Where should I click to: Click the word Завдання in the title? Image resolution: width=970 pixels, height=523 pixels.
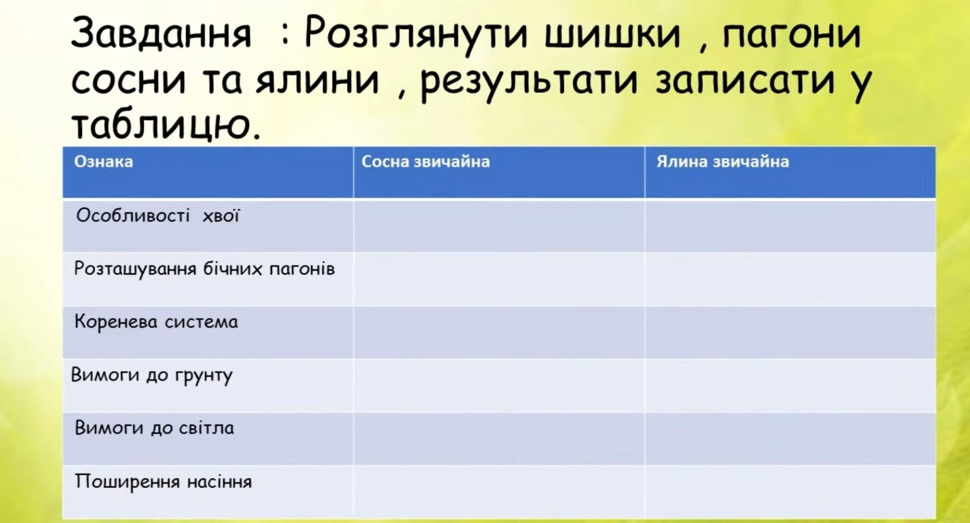(x=161, y=34)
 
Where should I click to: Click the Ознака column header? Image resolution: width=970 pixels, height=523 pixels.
(x=103, y=162)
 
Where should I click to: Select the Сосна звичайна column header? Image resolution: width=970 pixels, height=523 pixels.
(x=425, y=162)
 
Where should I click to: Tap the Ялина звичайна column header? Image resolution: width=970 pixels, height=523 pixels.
(x=722, y=162)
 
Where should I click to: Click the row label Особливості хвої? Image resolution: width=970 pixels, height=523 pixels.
(x=158, y=215)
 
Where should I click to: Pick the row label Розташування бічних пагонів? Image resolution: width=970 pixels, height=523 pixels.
(x=204, y=269)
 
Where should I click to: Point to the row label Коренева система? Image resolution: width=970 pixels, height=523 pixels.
(x=156, y=322)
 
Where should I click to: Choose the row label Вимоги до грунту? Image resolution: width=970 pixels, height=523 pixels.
(x=151, y=376)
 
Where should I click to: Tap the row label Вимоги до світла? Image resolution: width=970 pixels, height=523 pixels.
(x=154, y=428)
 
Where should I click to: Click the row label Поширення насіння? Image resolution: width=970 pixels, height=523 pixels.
(x=163, y=481)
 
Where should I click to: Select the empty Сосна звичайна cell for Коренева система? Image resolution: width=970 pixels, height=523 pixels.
(x=499, y=332)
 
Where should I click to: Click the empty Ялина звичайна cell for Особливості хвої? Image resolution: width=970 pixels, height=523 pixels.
(x=790, y=226)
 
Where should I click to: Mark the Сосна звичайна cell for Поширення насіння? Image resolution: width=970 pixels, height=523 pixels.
(x=499, y=492)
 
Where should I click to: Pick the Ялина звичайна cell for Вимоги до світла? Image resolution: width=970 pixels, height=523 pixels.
(x=790, y=438)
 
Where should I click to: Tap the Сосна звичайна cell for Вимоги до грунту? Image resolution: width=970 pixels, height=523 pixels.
(x=499, y=385)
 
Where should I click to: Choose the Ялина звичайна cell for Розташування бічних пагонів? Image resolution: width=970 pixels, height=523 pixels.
(x=790, y=279)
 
